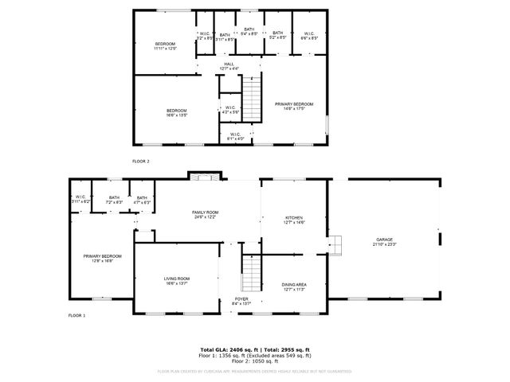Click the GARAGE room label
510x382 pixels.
[384, 241]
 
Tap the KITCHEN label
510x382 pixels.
[295, 220]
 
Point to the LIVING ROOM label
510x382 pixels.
[176, 280]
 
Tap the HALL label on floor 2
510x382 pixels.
[229, 66]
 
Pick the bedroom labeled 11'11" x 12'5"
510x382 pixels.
[165, 45]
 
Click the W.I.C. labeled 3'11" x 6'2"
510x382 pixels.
[81, 200]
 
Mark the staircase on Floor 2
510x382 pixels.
[251, 97]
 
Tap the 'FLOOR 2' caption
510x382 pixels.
[141, 161]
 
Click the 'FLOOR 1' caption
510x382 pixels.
[76, 316]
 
